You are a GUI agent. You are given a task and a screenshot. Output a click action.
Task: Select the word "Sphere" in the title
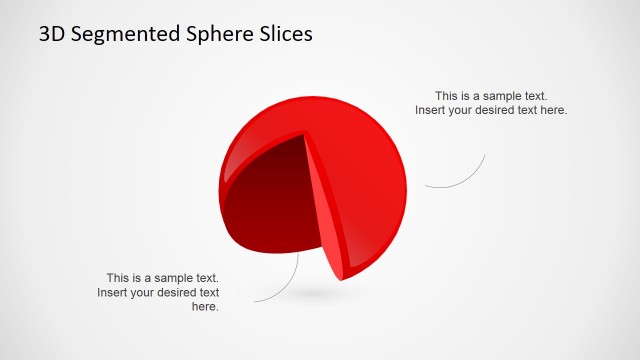coord(207,33)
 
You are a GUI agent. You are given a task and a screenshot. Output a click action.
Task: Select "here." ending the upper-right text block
coord(553,110)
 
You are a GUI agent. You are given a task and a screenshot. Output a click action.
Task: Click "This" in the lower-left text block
coord(119,278)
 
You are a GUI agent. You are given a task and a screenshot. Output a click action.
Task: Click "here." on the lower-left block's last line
coord(205,307)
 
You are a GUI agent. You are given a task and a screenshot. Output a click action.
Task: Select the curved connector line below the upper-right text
coord(465,179)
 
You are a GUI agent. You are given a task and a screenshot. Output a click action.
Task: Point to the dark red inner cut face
coord(270,195)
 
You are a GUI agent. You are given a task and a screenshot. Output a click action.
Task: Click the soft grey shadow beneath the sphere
coord(318,293)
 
